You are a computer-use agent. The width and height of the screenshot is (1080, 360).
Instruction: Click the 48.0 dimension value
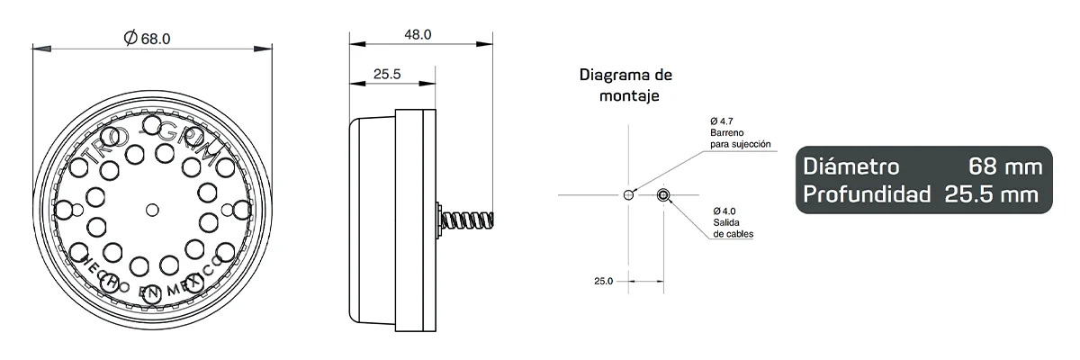(418, 34)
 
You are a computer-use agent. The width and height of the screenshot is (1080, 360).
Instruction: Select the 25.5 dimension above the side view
(386, 75)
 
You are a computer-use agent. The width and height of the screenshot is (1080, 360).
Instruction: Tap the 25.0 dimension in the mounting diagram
(603, 281)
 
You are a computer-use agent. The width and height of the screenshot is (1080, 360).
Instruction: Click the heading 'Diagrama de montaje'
(625, 84)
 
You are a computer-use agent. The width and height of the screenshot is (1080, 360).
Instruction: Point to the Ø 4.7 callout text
(720, 121)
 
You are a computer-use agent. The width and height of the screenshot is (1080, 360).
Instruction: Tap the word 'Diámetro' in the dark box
(850, 166)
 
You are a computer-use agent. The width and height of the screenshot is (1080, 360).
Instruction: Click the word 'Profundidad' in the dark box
(865, 193)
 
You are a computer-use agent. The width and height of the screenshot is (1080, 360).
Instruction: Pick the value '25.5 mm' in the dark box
(993, 193)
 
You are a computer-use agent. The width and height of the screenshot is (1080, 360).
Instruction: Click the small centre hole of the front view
(152, 210)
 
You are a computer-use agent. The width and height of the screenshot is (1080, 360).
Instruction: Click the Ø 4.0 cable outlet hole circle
(663, 194)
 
